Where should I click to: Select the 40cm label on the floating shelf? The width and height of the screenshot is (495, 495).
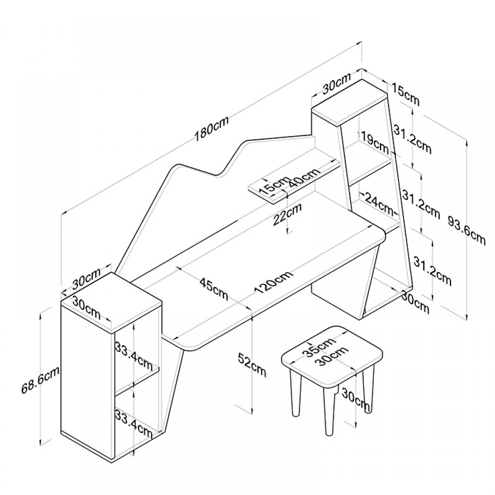tap(303, 178)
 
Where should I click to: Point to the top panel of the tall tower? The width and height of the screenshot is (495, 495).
tap(349, 101)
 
